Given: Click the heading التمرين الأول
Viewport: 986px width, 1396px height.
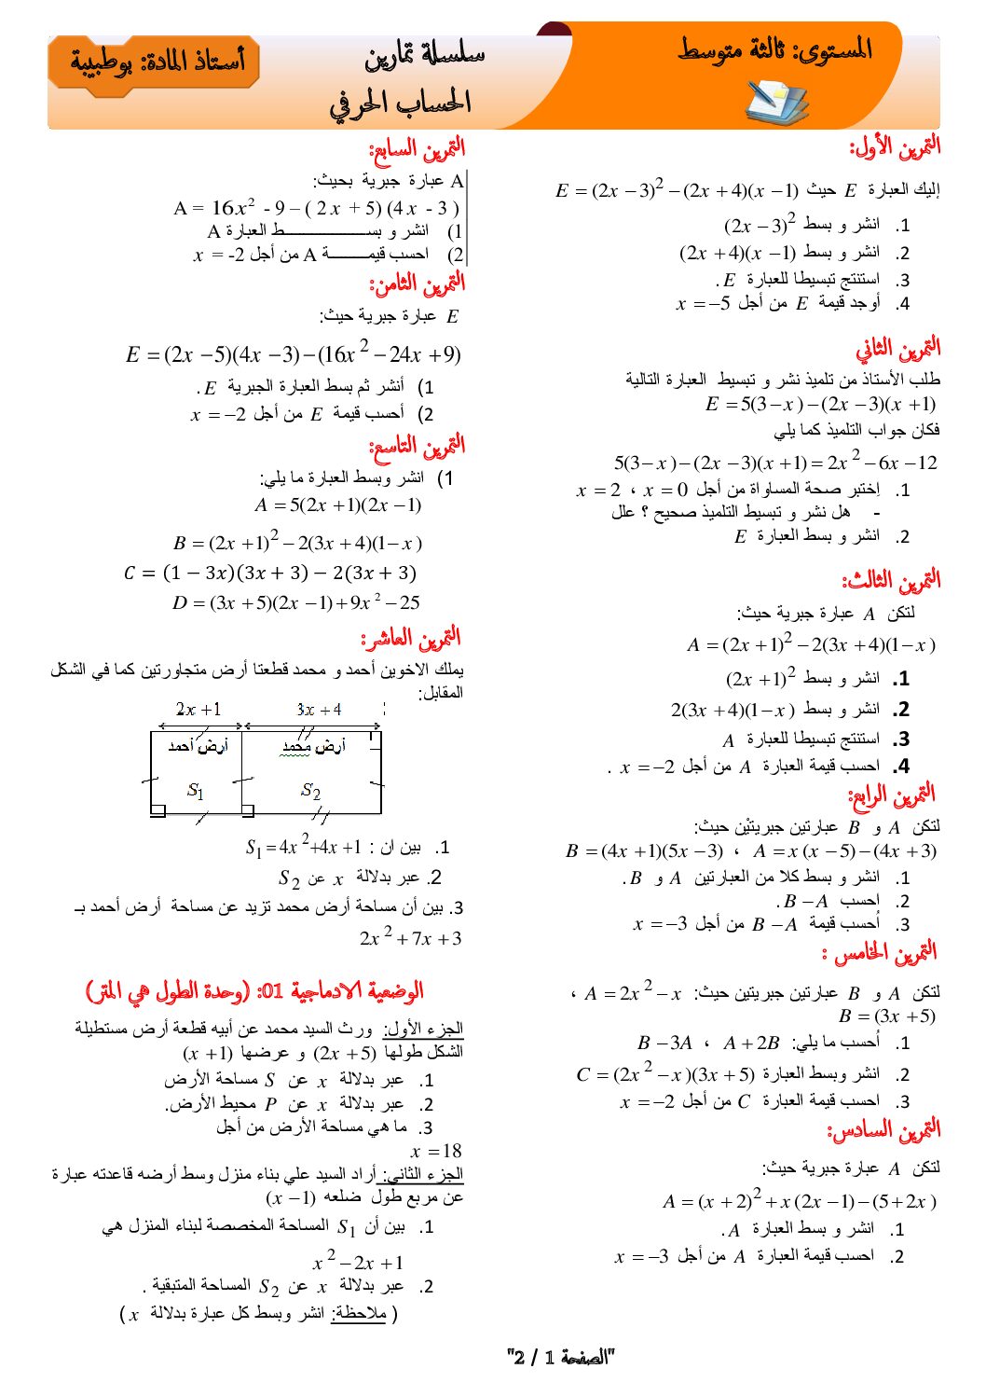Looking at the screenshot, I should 894,147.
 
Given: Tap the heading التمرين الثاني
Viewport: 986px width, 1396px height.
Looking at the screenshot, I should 897,350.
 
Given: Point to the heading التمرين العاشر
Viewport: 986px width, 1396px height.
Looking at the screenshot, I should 411,639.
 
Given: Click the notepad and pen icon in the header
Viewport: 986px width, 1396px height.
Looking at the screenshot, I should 776,102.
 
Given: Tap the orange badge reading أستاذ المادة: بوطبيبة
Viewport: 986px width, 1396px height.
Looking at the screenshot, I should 155,62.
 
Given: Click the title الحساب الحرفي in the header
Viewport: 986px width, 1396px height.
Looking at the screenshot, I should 400,103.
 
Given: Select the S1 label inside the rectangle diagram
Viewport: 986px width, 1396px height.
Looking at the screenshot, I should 195,791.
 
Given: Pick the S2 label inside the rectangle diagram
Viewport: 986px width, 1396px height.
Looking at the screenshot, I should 310,791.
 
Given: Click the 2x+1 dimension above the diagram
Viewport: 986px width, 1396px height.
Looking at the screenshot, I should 199,710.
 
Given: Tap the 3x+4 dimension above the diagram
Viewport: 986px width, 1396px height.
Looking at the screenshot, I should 319,710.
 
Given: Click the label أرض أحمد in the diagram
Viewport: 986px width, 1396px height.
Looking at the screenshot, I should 198,746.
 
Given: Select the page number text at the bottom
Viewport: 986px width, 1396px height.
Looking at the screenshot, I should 561,1357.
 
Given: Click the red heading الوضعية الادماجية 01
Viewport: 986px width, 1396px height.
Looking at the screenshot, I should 253,990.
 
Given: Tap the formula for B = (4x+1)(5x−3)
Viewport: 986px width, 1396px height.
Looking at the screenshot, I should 643,850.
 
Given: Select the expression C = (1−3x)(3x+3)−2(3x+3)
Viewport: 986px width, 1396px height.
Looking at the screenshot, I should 269,573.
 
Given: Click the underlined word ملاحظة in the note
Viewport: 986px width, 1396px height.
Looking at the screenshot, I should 358,1314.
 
